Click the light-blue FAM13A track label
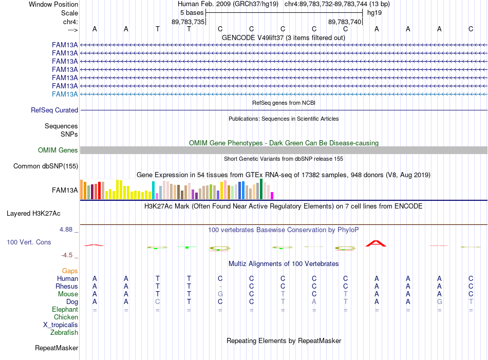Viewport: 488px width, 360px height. (x=65, y=94)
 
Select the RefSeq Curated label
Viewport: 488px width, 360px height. (x=54, y=110)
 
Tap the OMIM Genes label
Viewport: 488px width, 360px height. (x=58, y=150)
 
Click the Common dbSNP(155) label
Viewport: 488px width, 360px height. (x=46, y=166)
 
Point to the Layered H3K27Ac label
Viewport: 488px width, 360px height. (x=33, y=214)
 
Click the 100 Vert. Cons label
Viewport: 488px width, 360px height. (x=29, y=242)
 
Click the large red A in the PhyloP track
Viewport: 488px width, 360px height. (x=376, y=243)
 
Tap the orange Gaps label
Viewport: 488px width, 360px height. (x=70, y=271)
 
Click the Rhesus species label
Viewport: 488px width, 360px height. (x=67, y=286)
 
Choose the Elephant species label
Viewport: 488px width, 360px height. (x=65, y=310)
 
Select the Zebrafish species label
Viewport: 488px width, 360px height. (x=64, y=333)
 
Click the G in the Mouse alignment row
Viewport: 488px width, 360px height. (x=220, y=294)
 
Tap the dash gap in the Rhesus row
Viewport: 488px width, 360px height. (x=220, y=287)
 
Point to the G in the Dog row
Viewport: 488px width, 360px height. (x=439, y=302)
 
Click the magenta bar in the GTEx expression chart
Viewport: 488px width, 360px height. (x=272, y=196)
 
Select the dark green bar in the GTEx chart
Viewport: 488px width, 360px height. (x=261, y=189)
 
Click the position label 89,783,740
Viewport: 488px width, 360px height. (x=345, y=22)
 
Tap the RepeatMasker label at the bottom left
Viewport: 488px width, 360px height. (x=57, y=348)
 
